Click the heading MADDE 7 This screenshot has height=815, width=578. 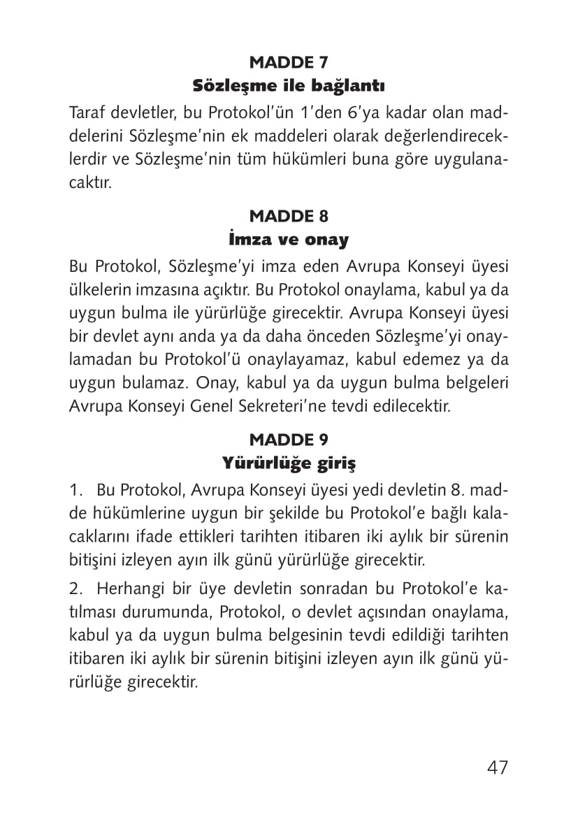[289, 63]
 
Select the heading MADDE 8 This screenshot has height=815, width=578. [289, 215]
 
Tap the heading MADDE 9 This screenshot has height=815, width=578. [289, 440]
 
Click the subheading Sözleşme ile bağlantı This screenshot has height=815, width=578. [289, 87]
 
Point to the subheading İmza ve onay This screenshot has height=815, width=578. [289, 240]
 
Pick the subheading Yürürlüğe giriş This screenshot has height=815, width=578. [289, 463]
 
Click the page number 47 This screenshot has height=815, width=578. [498, 767]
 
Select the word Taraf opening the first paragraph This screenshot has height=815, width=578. [86, 114]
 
